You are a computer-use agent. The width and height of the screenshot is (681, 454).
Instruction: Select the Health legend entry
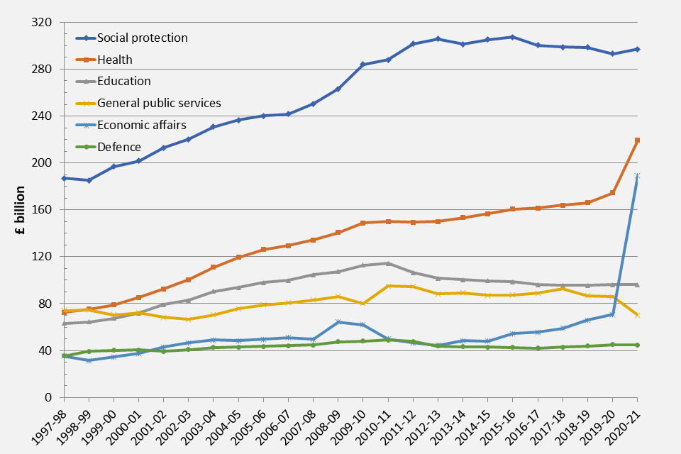click(x=115, y=60)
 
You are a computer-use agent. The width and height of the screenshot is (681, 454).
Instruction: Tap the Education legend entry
click(x=124, y=82)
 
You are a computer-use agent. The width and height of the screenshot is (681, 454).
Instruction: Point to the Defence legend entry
click(x=119, y=148)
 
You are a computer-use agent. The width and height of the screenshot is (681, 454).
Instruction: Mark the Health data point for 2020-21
click(x=637, y=140)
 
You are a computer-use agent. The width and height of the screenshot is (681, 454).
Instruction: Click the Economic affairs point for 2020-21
click(x=637, y=176)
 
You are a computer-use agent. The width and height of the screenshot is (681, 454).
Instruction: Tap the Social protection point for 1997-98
click(x=65, y=178)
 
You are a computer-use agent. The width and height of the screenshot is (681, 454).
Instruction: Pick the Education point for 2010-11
click(x=388, y=263)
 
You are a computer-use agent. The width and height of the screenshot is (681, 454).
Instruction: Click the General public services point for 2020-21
click(x=637, y=314)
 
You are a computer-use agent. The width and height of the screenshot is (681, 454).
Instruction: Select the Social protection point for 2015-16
click(x=512, y=37)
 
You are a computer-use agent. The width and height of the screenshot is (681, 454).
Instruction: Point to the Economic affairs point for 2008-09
click(x=338, y=322)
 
